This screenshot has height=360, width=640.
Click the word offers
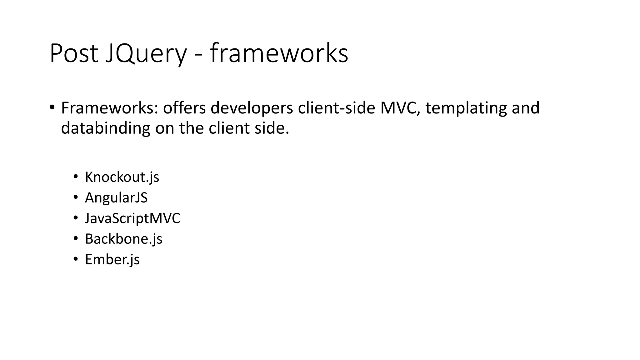pos(184,108)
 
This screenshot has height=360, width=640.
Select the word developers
pos(252,108)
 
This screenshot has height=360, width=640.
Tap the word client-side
pos(336,108)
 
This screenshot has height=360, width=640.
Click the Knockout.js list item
pos(122,177)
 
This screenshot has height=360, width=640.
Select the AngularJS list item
pos(116,198)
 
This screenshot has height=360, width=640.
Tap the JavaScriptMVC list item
pos(132,218)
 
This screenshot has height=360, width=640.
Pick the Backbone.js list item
pos(123,239)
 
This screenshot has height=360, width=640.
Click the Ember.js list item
pos(112,260)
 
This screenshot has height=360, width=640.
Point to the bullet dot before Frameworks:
pos(52,107)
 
